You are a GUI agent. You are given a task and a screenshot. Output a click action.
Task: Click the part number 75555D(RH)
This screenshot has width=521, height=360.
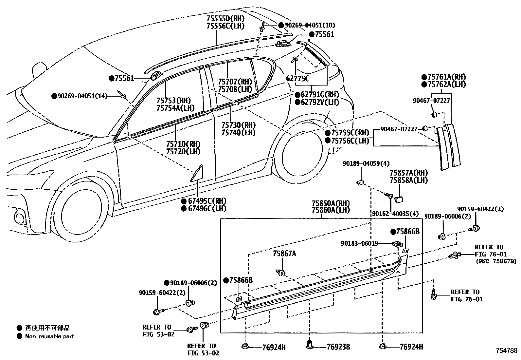pyautogui.click(x=225, y=19)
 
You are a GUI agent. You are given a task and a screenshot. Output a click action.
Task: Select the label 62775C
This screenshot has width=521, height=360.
pyautogui.click(x=297, y=79)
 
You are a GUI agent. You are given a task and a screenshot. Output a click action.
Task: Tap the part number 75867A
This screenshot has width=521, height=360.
pyautogui.click(x=284, y=253)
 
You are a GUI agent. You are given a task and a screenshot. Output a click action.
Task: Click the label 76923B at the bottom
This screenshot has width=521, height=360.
pyautogui.click(x=338, y=347)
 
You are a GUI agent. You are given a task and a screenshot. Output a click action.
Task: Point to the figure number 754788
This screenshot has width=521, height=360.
pyautogui.click(x=506, y=351)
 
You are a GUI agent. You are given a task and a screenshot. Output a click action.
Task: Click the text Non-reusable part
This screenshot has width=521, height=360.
pyautogui.click(x=49, y=336)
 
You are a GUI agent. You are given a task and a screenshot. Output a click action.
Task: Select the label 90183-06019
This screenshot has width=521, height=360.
pyautogui.click(x=359, y=243)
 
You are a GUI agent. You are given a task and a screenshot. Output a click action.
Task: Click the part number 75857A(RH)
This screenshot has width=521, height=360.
pyautogui.click(x=408, y=173)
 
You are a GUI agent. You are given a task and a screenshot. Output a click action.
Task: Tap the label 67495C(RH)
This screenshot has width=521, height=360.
pyautogui.click(x=207, y=201)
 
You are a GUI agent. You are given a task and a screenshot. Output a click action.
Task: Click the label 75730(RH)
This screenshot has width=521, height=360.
pyautogui.click(x=238, y=125)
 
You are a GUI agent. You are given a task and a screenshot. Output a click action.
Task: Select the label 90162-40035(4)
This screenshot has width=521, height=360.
pyautogui.click(x=395, y=214)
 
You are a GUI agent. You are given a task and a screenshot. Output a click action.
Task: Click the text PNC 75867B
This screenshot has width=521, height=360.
pyautogui.click(x=496, y=261)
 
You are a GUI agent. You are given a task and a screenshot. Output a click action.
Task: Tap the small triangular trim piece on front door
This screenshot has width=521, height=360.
pyautogui.click(x=198, y=174)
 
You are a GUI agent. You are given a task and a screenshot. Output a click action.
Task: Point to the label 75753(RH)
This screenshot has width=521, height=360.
pyautogui.click(x=173, y=101)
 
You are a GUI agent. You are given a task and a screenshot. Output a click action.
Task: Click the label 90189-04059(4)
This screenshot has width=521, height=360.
pyautogui.click(x=361, y=163)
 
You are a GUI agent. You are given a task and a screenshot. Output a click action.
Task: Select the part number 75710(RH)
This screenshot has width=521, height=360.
pyautogui.click(x=183, y=144)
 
